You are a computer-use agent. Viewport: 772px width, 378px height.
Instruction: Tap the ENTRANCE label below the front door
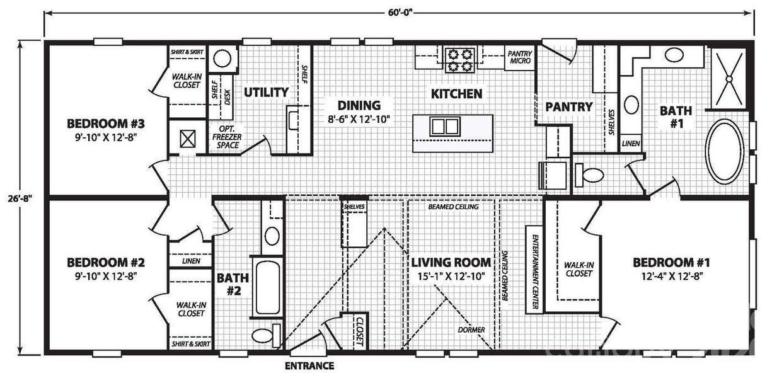point(309,365)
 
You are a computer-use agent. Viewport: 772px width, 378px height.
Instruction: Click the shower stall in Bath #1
point(731,77)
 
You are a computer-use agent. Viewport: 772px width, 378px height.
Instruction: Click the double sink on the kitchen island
point(444,127)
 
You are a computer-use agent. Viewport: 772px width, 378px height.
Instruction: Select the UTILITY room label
point(266,92)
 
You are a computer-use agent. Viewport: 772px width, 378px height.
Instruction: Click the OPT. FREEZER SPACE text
point(228,137)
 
